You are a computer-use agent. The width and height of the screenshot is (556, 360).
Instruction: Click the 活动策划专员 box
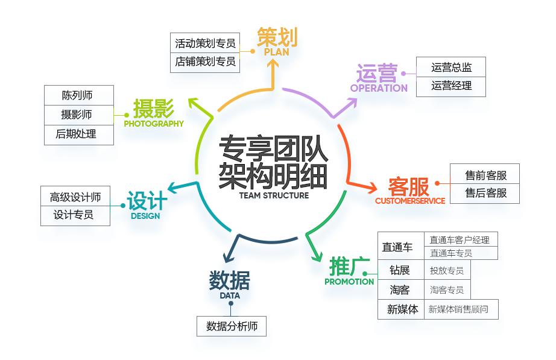204,43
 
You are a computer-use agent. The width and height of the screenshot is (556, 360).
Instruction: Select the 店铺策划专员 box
204,62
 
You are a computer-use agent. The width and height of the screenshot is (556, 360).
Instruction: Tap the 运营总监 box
451,68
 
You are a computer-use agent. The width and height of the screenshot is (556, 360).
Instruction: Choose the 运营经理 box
451,86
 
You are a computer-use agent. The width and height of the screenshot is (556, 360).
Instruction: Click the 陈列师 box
79,95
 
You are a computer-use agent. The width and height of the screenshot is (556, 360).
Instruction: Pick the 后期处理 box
79,134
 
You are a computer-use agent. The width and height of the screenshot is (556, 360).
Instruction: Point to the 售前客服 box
485,175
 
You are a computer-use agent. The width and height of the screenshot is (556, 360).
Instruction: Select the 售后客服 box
485,194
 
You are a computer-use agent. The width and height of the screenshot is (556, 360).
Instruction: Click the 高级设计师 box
75,197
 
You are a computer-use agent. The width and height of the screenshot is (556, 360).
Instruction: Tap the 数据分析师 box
232,326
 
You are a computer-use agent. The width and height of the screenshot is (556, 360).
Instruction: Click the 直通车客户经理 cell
460,239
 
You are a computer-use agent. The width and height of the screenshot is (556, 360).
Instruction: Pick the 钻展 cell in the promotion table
399,270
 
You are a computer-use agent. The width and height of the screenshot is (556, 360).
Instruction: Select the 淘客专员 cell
447,290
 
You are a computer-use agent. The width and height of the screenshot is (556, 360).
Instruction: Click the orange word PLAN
276,52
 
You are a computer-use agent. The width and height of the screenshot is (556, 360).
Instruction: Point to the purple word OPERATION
379,88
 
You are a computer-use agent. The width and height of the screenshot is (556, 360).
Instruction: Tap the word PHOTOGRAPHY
154,124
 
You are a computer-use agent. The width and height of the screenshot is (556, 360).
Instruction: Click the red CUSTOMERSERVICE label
409,201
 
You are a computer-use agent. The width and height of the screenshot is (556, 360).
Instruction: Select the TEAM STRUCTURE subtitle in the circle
274,195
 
